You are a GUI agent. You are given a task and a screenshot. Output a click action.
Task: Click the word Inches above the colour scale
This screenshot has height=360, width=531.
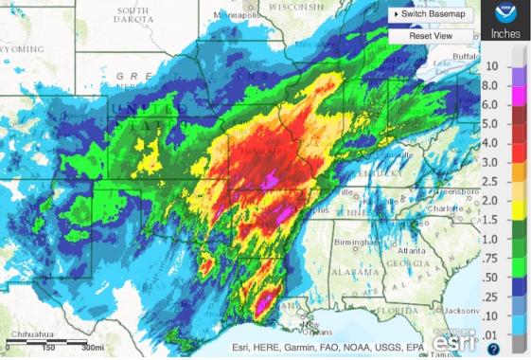click(x=505, y=34)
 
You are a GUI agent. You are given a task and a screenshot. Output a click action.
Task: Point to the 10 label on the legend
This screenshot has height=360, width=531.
click(x=492, y=66)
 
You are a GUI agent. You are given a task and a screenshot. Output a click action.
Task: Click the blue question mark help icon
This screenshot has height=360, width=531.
click(x=493, y=350)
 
